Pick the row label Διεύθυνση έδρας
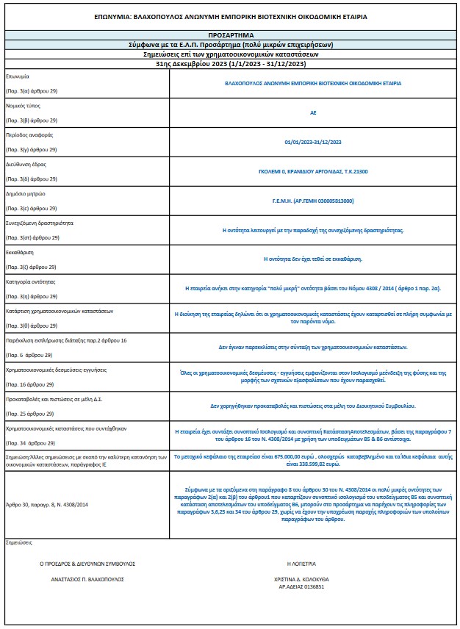[x=26, y=165]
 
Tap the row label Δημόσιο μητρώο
[x=26, y=194]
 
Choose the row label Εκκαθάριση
[x=20, y=252]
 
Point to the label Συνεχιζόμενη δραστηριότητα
[x=39, y=223]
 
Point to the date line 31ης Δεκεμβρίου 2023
[x=230, y=64]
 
